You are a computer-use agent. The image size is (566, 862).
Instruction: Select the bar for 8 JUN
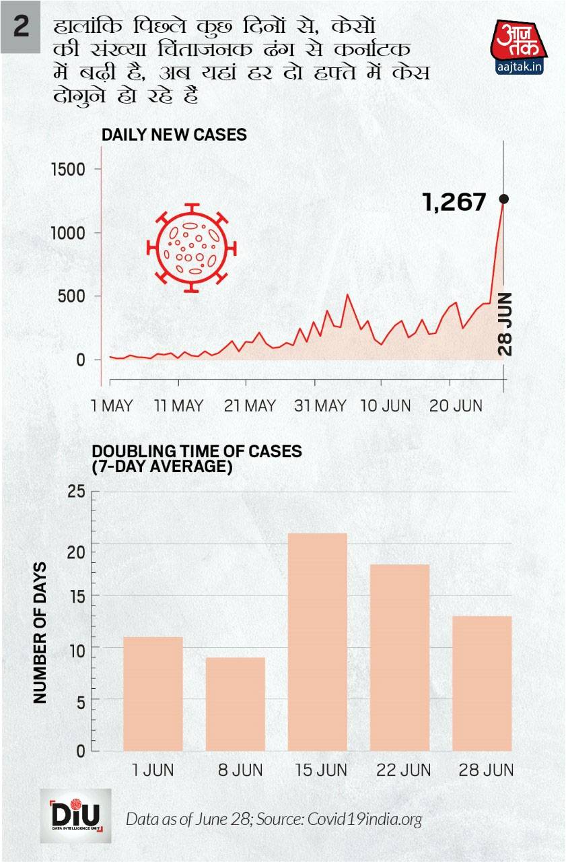236,704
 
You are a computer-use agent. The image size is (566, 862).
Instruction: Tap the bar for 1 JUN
153,694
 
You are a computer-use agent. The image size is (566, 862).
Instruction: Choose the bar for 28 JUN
482,683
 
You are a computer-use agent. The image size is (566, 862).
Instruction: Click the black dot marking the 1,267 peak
503,199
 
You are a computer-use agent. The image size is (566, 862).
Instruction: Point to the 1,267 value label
454,201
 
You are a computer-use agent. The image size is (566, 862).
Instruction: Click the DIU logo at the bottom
76,816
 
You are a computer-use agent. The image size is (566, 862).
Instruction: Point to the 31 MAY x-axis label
321,406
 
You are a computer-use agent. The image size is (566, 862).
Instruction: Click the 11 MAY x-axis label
178,406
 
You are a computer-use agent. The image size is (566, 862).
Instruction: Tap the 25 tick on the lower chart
77,492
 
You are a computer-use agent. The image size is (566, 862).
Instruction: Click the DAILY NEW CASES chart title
174,135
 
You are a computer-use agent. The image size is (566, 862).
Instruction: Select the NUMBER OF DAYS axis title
40,632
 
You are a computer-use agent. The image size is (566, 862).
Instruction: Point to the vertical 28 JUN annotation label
505,324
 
